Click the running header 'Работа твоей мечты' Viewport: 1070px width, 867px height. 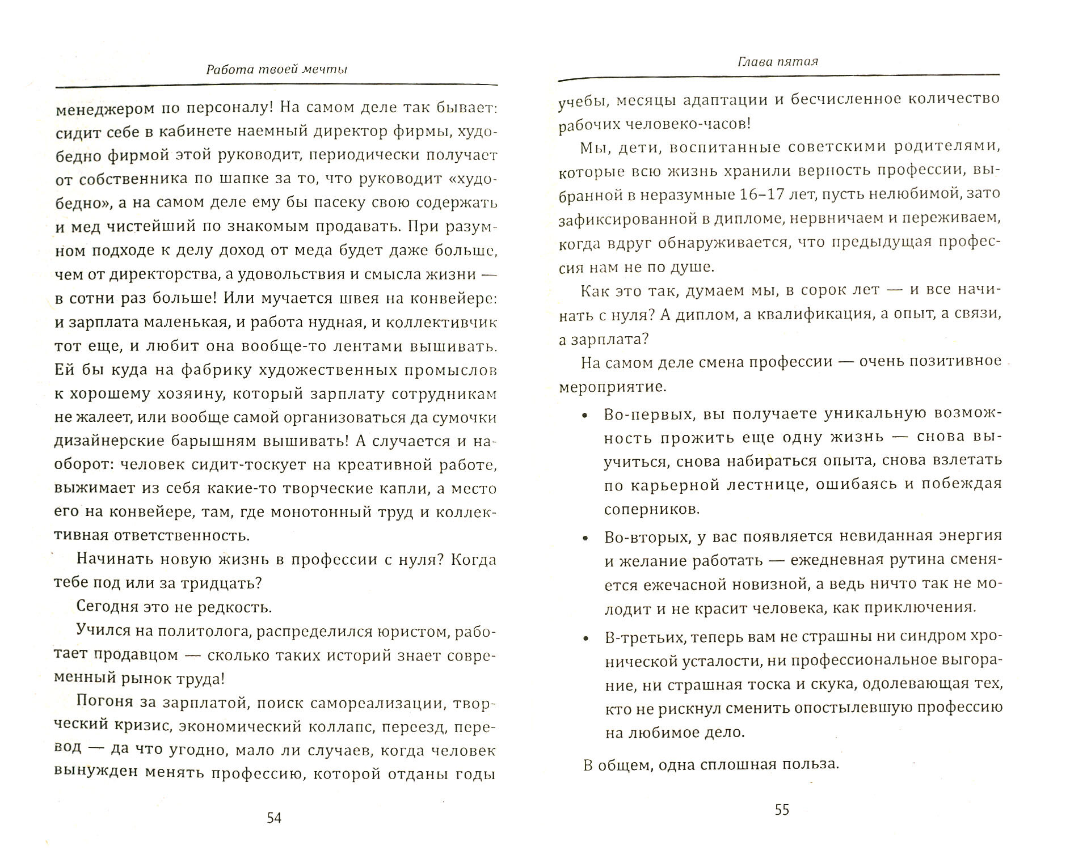click(276, 70)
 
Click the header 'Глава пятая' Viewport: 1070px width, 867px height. click(778, 61)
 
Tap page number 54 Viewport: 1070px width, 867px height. click(274, 818)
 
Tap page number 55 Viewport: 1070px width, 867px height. click(782, 810)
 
